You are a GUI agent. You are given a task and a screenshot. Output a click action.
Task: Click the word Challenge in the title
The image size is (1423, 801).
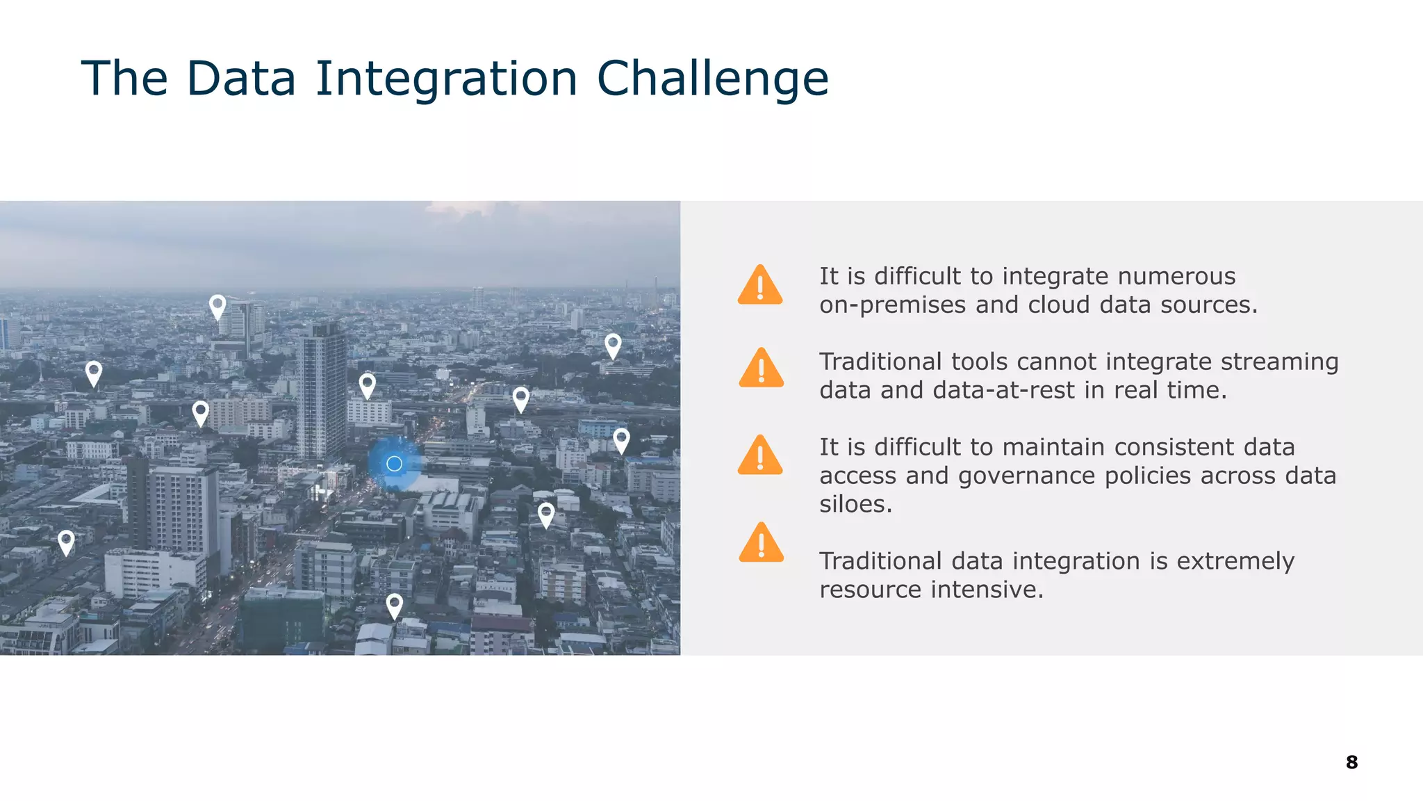tap(712, 78)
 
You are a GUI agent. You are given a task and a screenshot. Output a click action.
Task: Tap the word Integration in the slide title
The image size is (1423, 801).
tap(446, 78)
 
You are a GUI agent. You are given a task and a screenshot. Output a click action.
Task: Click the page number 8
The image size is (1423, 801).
tap(1351, 762)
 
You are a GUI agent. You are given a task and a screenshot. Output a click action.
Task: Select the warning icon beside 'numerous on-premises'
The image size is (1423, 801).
tap(760, 286)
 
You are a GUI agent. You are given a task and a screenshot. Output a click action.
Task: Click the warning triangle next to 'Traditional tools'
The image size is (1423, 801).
tap(761, 369)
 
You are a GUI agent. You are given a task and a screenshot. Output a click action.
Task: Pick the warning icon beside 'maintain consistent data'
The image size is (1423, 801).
tap(760, 456)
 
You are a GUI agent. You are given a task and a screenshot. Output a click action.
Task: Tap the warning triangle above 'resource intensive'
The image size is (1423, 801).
tap(761, 543)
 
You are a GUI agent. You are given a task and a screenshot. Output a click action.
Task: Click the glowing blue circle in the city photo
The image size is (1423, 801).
tap(394, 464)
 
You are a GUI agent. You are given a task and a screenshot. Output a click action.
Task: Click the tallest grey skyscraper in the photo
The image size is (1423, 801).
tap(322, 389)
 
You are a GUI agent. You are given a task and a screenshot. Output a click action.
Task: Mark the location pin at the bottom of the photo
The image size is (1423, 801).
tap(394, 605)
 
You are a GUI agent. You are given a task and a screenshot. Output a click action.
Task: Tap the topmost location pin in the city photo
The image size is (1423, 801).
tap(217, 306)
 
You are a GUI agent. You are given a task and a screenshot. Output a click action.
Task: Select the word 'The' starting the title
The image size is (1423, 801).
tap(124, 78)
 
